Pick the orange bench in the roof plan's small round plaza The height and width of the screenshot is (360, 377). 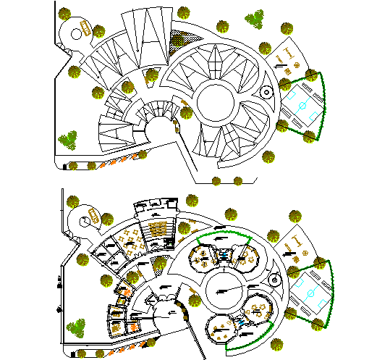86,29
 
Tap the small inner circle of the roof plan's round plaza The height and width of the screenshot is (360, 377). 75,33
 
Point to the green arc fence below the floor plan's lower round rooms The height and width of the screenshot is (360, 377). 246,346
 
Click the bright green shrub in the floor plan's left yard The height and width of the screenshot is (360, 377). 75,327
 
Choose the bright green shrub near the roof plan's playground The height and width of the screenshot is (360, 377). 254,19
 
